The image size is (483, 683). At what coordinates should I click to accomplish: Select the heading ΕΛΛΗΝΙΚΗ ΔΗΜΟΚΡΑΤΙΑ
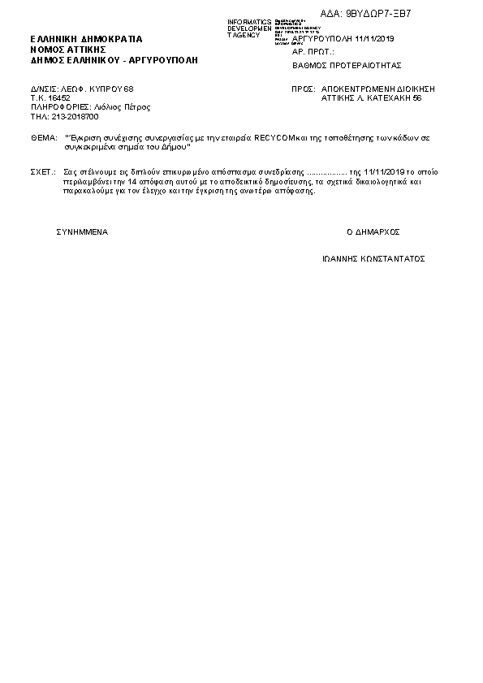click(86, 39)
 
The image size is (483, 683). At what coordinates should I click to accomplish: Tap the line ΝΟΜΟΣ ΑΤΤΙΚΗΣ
click(64, 50)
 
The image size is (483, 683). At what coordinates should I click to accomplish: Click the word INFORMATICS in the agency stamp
click(249, 22)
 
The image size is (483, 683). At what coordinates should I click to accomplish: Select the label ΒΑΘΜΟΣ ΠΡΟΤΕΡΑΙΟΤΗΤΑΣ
click(347, 65)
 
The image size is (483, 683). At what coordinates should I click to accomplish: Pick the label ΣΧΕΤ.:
click(43, 173)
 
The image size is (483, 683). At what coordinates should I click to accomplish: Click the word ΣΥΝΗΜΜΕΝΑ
click(82, 232)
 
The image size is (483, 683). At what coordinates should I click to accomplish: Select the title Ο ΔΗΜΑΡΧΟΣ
click(373, 232)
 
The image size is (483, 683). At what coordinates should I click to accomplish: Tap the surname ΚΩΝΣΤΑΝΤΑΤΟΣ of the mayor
click(390, 259)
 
